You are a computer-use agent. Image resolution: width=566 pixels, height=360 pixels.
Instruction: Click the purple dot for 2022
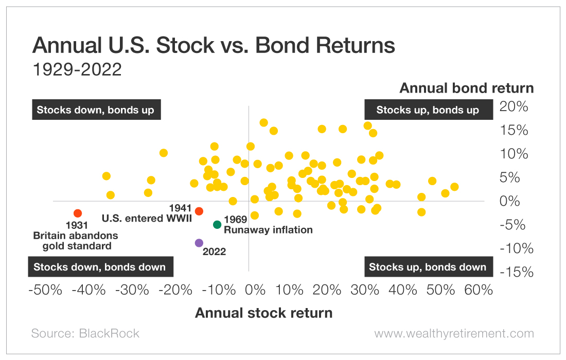click(x=199, y=243)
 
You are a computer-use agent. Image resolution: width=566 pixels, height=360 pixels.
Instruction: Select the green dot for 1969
click(x=217, y=224)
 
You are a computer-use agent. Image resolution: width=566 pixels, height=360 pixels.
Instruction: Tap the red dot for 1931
click(x=78, y=213)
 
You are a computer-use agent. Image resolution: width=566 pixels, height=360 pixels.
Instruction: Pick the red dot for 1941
click(x=199, y=211)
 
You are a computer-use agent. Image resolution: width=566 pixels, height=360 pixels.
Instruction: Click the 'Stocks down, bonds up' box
click(x=96, y=110)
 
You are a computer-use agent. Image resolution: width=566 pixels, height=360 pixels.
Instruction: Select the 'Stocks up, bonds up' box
click(x=428, y=110)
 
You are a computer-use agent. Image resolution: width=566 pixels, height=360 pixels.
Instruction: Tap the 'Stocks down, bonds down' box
click(x=100, y=267)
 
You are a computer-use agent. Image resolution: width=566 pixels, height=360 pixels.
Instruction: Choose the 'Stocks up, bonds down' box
click(x=428, y=267)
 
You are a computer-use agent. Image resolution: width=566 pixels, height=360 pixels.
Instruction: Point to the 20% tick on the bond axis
click(x=515, y=107)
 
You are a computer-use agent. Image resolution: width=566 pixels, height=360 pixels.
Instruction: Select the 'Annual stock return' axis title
click(x=263, y=313)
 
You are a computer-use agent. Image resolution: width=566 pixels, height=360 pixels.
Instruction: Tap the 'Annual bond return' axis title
click(x=467, y=88)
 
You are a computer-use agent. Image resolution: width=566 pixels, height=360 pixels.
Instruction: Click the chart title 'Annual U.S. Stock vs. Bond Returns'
click(x=214, y=46)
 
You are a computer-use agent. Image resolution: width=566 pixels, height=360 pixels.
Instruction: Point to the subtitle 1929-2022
click(x=77, y=69)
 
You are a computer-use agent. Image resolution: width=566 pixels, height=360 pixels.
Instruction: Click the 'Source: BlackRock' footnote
click(x=85, y=333)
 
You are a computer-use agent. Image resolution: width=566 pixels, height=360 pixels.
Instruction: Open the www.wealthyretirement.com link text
click(x=454, y=333)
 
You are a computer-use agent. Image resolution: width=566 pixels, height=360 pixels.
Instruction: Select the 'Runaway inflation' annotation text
click(x=268, y=230)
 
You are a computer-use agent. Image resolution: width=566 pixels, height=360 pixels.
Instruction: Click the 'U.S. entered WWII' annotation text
click(x=147, y=218)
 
